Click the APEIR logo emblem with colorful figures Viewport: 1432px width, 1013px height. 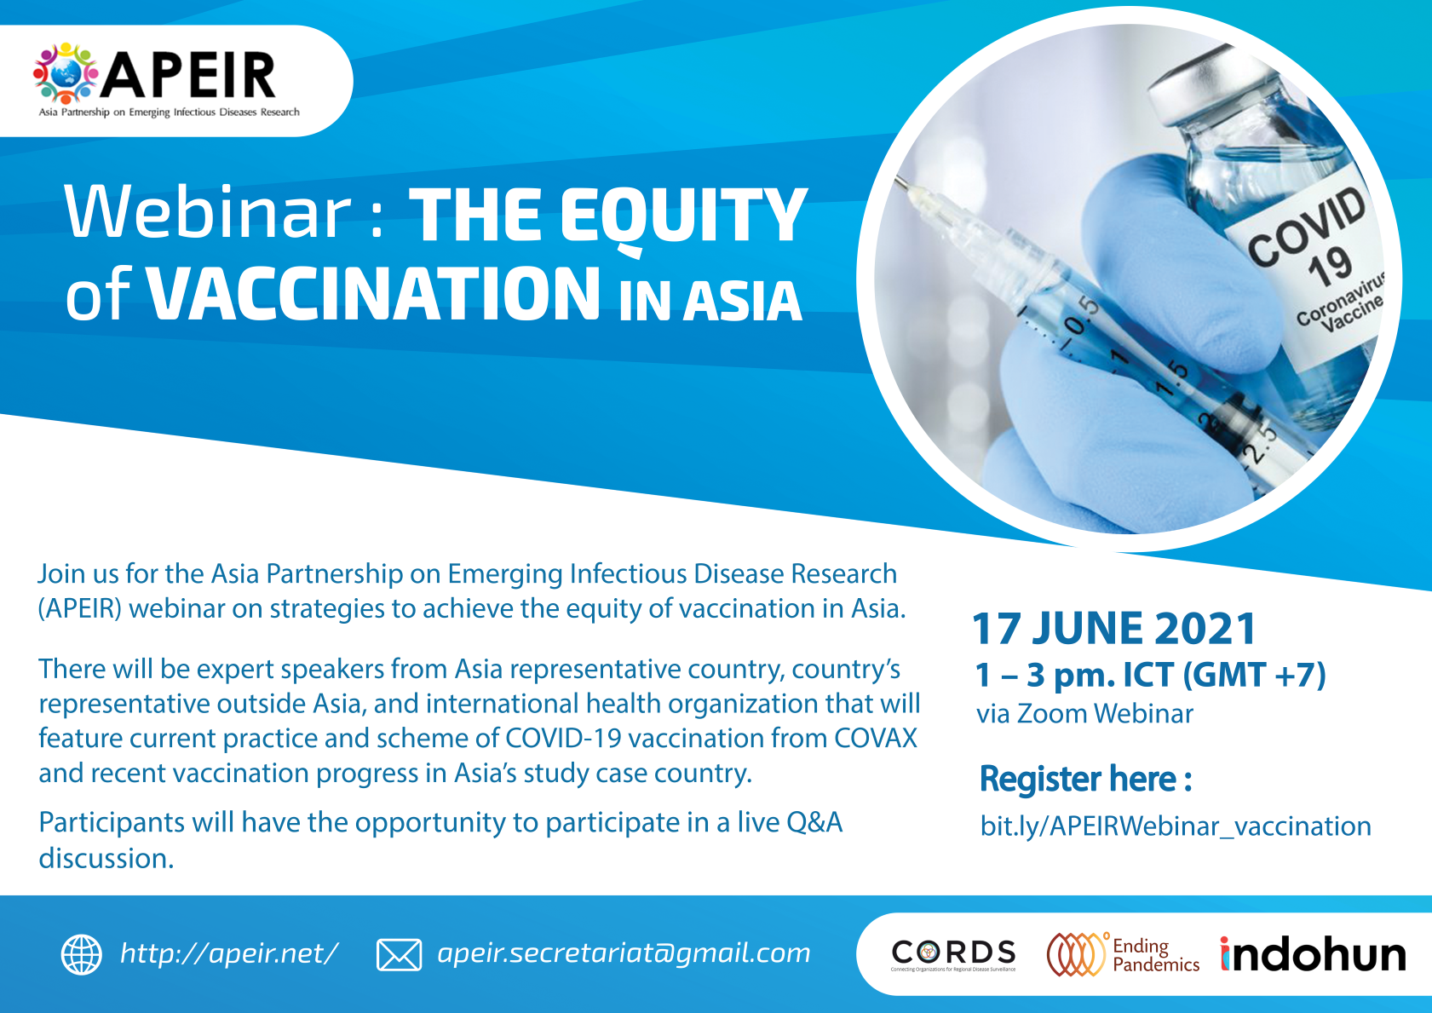pos(66,73)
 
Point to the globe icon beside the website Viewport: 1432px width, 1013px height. pos(81,955)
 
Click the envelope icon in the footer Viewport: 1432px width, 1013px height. pos(399,955)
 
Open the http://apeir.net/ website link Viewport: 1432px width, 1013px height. pos(229,953)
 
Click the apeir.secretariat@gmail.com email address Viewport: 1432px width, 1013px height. pos(624,953)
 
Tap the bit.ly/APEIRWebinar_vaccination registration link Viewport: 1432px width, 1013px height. pos(1176,826)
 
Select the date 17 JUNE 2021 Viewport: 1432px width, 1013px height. pos(1114,628)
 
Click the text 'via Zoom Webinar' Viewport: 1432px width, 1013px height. pos(1084,714)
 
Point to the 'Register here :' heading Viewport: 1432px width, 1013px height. pos(1085,779)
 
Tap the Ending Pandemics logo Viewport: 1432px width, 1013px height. pos(1124,954)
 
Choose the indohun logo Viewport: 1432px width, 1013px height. pos(1313,953)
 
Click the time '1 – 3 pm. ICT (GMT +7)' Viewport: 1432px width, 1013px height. pos(1150,675)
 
